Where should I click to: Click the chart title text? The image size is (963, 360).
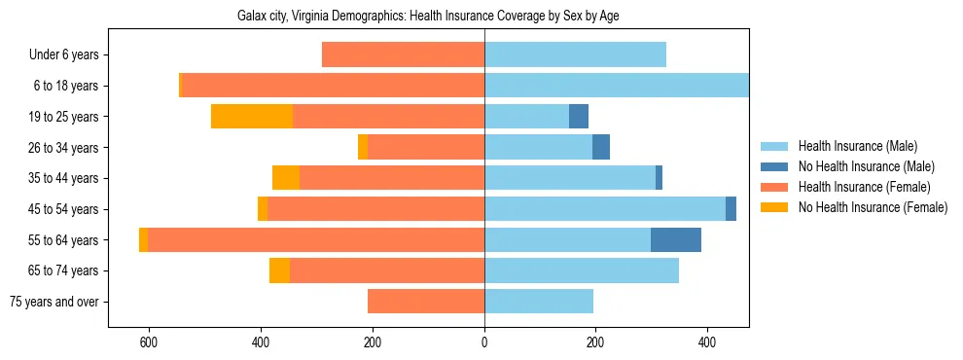tap(428, 16)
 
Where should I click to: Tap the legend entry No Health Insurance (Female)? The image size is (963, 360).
tap(872, 207)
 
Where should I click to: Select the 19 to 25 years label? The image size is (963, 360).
tap(63, 117)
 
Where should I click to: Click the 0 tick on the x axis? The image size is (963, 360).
tap(484, 342)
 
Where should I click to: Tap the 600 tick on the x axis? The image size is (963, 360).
tap(149, 342)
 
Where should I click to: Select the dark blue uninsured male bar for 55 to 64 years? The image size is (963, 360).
tap(676, 240)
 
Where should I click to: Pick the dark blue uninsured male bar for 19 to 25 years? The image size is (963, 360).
tap(579, 117)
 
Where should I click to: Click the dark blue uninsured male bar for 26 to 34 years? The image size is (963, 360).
tap(601, 148)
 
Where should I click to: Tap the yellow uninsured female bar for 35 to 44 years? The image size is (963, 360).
tap(286, 178)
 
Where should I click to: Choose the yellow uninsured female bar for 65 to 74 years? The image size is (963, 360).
tap(279, 270)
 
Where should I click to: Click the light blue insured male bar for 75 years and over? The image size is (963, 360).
tap(539, 302)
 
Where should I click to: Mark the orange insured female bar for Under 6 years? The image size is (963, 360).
tap(403, 55)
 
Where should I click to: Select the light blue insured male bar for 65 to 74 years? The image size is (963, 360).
tap(582, 270)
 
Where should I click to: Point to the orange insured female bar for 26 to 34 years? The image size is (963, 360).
tap(426, 148)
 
